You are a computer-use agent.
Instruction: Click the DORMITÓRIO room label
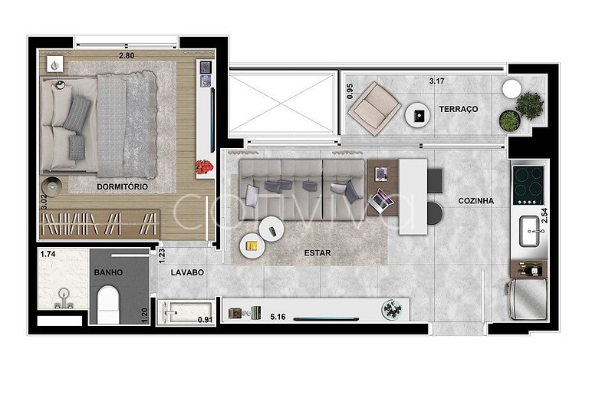(122, 186)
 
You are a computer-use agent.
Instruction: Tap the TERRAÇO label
(459, 109)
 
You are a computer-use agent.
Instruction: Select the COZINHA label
(476, 201)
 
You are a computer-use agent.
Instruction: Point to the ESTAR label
(318, 253)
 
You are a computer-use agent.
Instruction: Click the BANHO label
(108, 272)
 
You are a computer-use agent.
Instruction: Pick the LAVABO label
(187, 272)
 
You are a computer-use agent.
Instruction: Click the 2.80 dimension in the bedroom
(127, 55)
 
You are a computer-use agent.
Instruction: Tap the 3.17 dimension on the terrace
(437, 81)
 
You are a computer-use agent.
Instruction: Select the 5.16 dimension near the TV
(278, 317)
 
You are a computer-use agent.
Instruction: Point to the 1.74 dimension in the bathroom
(48, 254)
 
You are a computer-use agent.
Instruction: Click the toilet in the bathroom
(108, 305)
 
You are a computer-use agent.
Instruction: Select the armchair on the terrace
(374, 108)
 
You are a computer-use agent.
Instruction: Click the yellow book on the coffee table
(252, 245)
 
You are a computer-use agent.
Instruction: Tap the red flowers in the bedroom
(204, 166)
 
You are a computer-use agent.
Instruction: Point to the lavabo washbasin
(185, 311)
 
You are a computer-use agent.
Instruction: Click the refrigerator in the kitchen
(526, 298)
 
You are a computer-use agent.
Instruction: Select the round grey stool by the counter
(435, 213)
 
